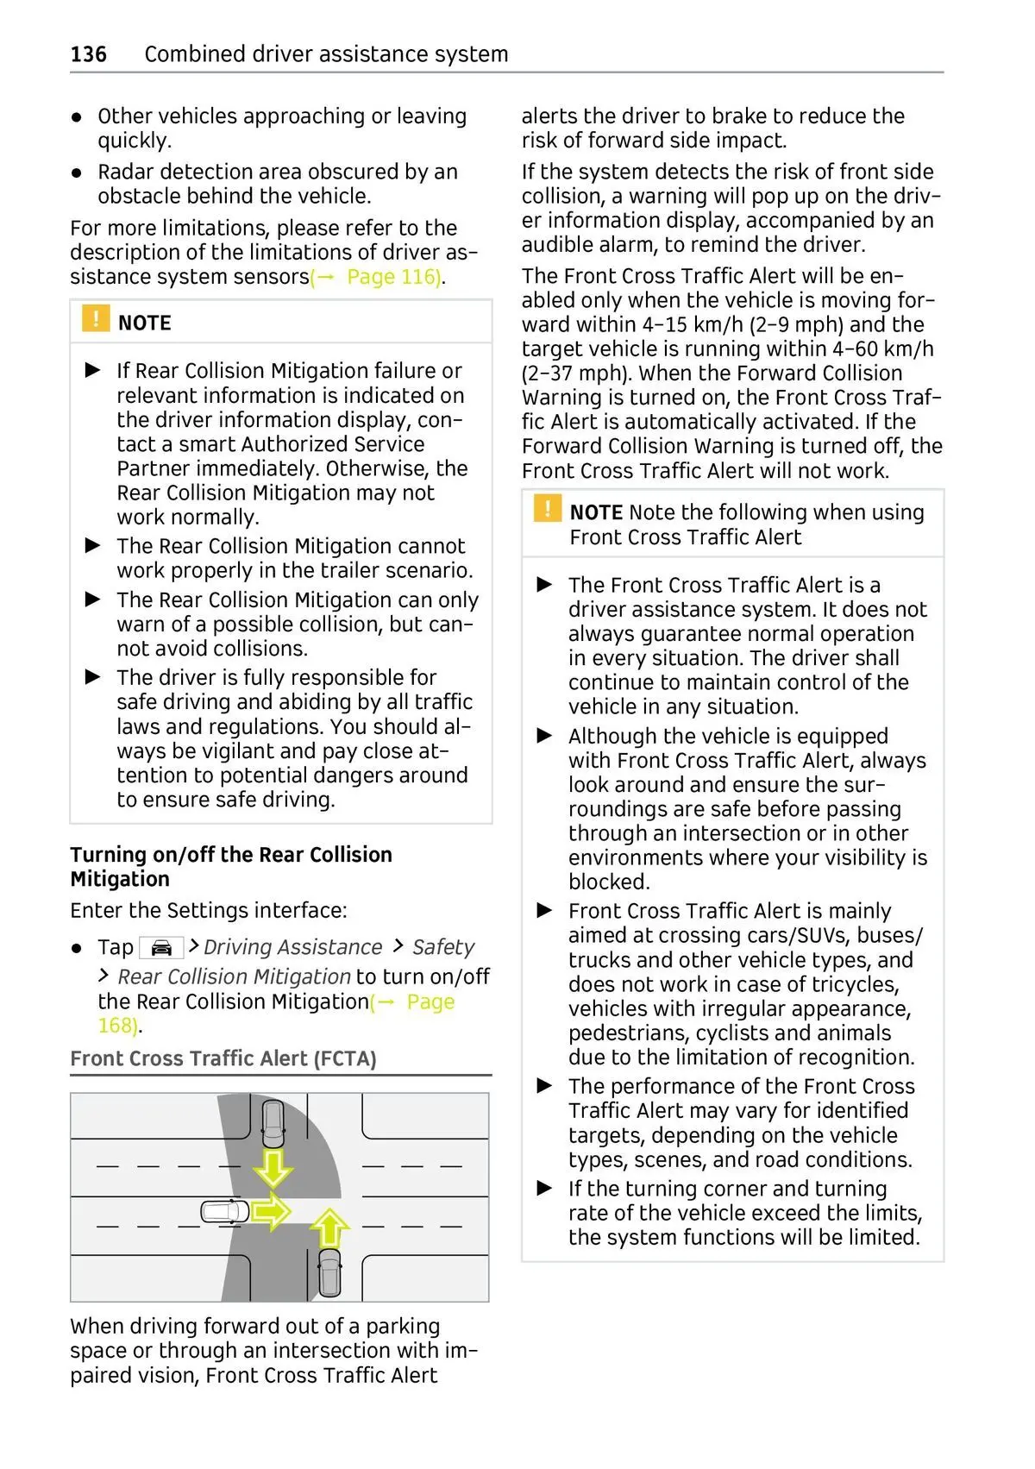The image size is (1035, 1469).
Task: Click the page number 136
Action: (89, 54)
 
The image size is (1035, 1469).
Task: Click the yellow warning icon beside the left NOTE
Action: (96, 318)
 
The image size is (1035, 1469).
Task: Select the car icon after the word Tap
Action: (161, 948)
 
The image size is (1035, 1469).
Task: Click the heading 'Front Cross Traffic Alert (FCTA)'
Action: (223, 1058)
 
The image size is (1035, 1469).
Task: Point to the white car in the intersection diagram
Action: (225, 1212)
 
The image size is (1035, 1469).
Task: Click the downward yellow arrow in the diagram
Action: (273, 1167)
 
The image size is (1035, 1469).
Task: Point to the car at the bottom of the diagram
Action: (329, 1273)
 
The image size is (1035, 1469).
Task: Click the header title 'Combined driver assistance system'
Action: (326, 54)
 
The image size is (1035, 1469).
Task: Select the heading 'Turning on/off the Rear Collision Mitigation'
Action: (231, 867)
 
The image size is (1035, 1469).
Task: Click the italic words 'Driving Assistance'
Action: (293, 947)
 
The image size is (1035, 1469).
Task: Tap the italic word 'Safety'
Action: (443, 947)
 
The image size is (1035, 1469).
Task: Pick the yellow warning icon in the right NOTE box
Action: (548, 508)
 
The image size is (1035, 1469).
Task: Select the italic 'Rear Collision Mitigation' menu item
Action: (235, 976)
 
